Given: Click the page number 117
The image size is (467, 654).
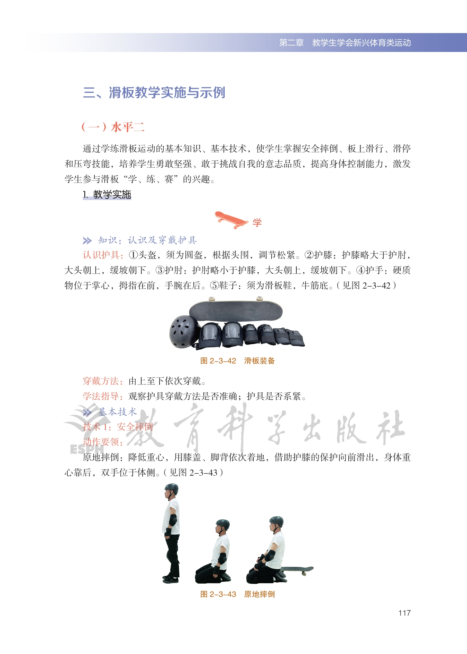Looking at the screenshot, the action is pos(404,613).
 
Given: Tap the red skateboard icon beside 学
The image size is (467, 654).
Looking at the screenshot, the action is pos(231,220).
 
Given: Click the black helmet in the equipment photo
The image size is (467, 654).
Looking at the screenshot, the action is pos(184,331).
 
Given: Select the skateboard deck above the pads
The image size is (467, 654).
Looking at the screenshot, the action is pos(236,309).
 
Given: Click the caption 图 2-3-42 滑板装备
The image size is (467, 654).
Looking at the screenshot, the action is pos(237,361).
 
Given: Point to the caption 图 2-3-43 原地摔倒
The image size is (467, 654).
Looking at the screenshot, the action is pos(237,594).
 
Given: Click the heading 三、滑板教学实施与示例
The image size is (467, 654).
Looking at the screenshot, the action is pos(154,93).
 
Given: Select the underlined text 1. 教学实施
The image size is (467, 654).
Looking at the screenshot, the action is pos(107,195).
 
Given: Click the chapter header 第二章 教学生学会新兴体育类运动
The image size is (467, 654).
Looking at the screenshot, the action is pos(345,43).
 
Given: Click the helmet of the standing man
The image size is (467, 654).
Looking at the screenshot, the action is pos(171,489).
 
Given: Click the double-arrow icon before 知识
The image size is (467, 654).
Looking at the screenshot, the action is pos(87,240).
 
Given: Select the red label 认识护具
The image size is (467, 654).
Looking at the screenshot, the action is pos(103,255).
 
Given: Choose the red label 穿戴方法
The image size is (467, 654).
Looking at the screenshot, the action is pos(103,381).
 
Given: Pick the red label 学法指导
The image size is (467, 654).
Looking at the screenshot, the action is pos(103,396).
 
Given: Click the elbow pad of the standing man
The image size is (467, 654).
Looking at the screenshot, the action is pos(173,520).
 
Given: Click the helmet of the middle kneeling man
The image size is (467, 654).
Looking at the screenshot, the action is pos(223,524).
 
